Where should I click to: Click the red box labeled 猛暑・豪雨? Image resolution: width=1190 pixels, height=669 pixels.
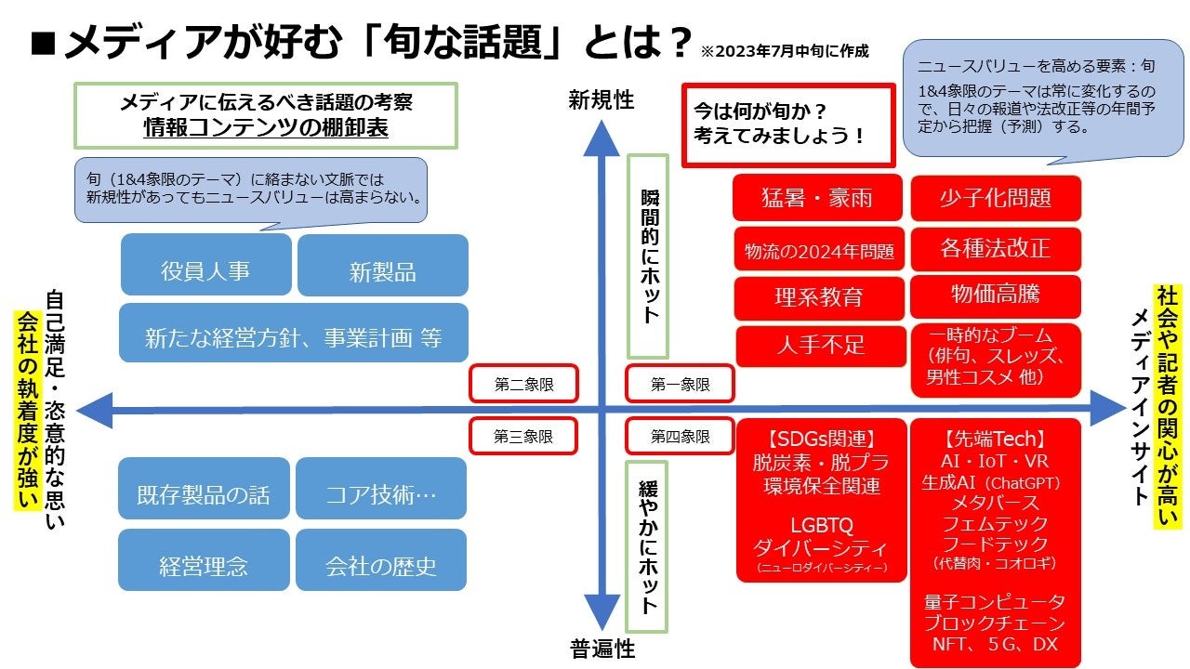(x=818, y=198)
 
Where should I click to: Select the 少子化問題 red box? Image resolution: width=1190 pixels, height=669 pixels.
(x=996, y=198)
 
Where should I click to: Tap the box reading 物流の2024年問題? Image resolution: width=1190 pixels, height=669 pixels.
(x=818, y=250)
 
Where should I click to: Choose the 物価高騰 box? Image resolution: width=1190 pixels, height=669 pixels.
(x=996, y=295)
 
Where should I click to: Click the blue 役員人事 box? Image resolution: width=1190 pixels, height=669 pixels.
(x=205, y=271)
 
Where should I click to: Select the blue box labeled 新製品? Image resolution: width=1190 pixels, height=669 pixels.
(x=382, y=272)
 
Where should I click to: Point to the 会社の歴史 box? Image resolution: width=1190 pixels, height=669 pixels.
(x=381, y=565)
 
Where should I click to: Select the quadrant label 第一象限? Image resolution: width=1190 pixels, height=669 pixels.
(x=680, y=384)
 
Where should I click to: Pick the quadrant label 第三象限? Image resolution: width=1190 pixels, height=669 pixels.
(x=523, y=436)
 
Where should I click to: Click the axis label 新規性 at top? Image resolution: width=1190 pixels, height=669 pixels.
(x=602, y=100)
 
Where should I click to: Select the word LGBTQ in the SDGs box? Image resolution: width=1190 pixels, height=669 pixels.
(x=821, y=526)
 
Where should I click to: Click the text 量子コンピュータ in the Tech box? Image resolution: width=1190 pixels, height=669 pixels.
(x=995, y=601)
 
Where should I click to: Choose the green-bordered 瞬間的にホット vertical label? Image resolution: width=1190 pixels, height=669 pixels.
(x=649, y=256)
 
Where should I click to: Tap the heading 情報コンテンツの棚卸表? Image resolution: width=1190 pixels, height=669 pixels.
(x=266, y=129)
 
